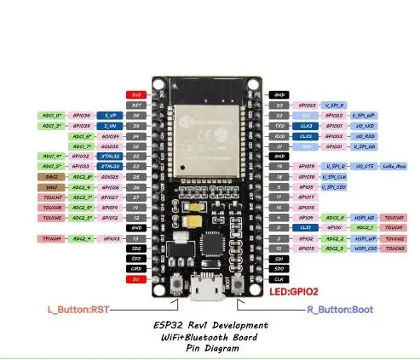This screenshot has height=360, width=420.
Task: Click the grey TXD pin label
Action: click(279, 125)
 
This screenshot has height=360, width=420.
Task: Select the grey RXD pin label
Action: click(279, 135)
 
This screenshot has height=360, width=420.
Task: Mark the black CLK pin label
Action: click(279, 278)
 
